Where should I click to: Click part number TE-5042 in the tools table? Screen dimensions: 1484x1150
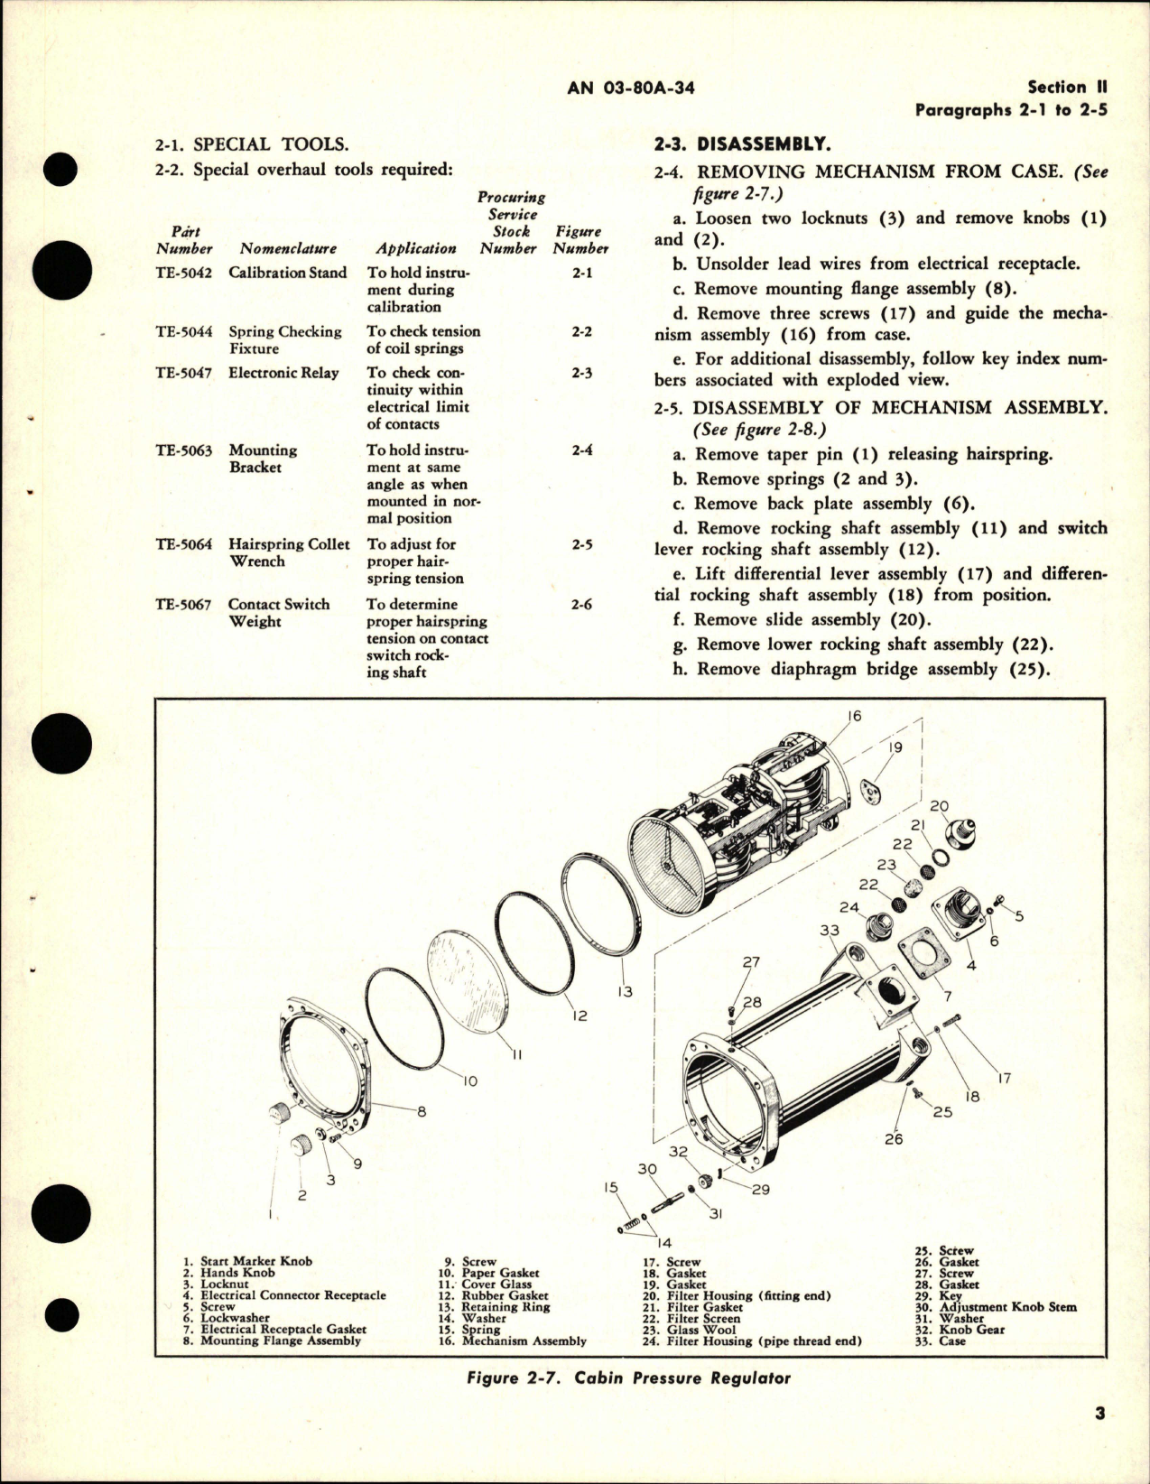[x=184, y=273]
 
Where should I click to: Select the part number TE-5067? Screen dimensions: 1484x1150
[x=184, y=605]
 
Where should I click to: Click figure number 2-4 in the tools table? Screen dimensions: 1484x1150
[x=581, y=450]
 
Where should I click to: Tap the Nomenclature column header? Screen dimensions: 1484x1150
[x=288, y=248]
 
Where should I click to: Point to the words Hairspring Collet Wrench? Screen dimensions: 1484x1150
[x=288, y=552]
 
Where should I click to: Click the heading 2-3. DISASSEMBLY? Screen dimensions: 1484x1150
[x=740, y=144]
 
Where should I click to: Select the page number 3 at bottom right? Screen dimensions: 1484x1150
[x=1099, y=1439]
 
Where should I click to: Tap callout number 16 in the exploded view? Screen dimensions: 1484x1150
[x=854, y=716]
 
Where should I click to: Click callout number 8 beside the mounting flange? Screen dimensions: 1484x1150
[x=421, y=1112]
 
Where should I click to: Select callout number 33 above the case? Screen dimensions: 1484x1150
[x=829, y=931]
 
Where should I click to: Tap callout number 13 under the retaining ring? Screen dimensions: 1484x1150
[x=625, y=991]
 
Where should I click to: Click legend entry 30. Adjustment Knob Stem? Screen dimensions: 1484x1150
[x=997, y=1306]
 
